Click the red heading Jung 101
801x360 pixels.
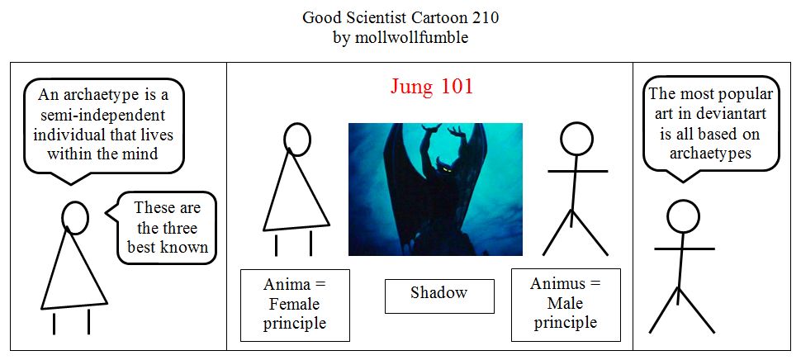[432, 87]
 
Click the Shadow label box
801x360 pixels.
[439, 296]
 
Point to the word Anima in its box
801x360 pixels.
[287, 284]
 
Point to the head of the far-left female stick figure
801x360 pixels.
[75, 217]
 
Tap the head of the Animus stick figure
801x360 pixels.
[576, 139]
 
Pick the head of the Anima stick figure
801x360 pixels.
[296, 140]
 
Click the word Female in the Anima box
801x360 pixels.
[294, 305]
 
